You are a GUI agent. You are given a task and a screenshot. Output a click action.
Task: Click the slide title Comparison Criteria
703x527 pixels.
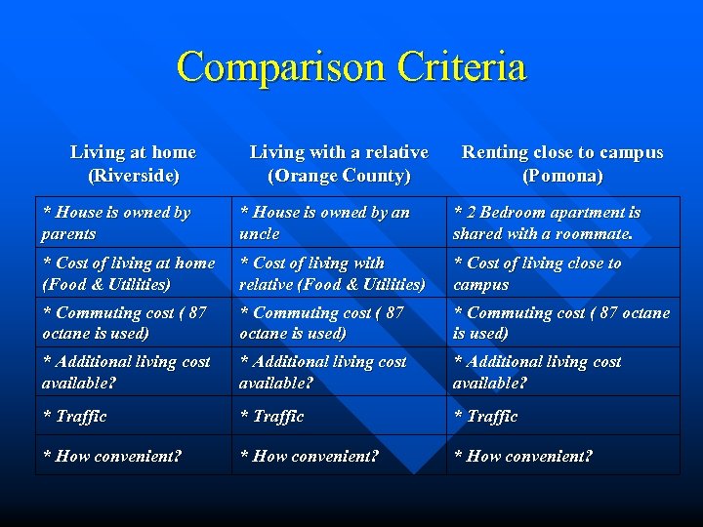tap(351, 67)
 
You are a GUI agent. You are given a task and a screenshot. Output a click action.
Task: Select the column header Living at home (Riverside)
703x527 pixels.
tap(133, 164)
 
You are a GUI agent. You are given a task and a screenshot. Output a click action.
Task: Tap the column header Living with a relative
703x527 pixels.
tap(339, 164)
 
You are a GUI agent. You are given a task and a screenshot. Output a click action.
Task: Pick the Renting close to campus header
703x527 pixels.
tap(562, 164)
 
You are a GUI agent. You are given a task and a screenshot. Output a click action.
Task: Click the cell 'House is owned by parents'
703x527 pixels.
tap(116, 223)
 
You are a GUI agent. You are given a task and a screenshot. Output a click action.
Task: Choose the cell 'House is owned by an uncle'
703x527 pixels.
tap(324, 223)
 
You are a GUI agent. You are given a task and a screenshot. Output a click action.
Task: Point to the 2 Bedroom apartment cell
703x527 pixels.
tap(547, 223)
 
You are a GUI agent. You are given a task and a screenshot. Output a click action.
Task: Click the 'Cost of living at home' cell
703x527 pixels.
tap(128, 273)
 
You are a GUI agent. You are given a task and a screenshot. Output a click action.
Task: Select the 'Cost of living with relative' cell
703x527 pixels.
tap(332, 273)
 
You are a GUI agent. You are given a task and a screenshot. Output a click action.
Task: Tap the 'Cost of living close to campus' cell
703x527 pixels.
tap(537, 273)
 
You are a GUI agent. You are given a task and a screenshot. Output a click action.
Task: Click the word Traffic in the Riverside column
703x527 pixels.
tap(81, 417)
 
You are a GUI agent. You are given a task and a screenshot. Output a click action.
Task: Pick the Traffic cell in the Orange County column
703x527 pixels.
tap(278, 417)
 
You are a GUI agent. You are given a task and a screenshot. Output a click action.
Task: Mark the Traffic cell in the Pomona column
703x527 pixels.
tap(492, 417)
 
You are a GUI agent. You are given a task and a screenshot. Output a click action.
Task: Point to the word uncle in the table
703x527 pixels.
tap(260, 234)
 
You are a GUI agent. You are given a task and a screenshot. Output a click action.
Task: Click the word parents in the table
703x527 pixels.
tap(68, 234)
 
